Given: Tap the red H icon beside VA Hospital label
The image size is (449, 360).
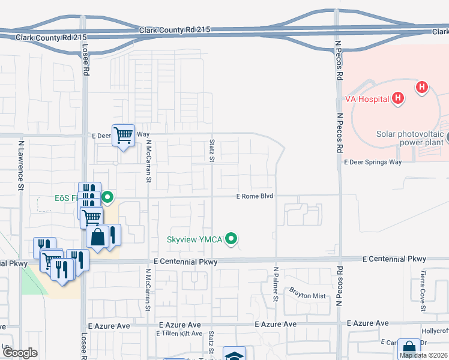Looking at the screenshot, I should coord(397,98).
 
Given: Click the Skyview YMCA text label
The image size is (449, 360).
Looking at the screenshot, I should coord(194,240).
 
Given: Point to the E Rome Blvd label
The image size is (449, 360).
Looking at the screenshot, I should coord(255,196).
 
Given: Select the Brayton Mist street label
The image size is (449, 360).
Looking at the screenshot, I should coord(307,296).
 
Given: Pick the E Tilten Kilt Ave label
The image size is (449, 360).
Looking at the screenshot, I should coord(179,334).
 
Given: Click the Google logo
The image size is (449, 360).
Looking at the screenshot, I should coord(20,353).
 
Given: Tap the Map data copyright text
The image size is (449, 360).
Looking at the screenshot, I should coord(423,355).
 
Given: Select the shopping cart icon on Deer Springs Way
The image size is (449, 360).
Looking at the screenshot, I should coord(123,136).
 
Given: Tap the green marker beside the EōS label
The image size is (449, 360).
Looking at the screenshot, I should coord(107,197).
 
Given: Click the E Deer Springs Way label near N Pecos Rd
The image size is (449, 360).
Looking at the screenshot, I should coord(372,162).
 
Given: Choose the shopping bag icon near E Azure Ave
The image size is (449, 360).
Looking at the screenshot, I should coord(409,348).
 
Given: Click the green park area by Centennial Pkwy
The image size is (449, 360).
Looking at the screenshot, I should coord(33,282).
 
